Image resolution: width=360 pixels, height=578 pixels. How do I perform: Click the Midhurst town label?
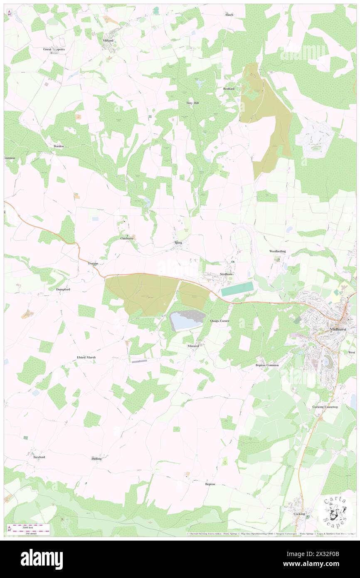point(338,329)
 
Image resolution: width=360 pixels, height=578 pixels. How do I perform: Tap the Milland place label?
point(108,40)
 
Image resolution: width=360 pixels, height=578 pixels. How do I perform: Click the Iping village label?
point(178,242)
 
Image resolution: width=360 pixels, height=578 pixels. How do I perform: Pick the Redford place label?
point(229,89)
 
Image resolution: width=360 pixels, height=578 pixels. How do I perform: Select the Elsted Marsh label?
point(86,357)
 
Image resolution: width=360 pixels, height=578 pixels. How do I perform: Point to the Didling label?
point(96,459)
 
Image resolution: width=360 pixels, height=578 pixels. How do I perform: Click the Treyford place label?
point(39,457)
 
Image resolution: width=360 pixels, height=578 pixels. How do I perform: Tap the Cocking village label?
point(299,514)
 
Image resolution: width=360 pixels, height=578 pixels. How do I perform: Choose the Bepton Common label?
point(267,365)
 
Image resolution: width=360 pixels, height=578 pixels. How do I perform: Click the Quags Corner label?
point(220,321)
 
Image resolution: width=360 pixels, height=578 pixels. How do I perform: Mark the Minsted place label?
point(193,346)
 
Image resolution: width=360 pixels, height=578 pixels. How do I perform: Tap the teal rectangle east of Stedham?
point(237,289)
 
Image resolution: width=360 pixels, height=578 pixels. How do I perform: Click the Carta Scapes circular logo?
point(335,513)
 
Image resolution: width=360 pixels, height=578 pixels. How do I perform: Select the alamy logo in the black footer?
point(42,559)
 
